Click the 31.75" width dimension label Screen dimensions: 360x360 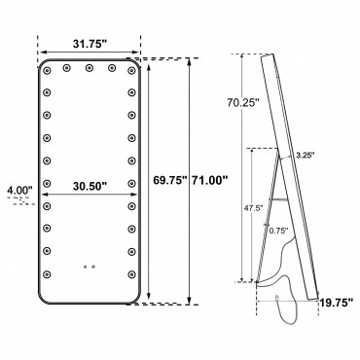pyautogui.click(x=90, y=45)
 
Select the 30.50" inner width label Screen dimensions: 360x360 pyautogui.click(x=90, y=187)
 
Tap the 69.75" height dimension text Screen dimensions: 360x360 pyautogui.click(x=170, y=180)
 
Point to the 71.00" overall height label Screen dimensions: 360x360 pyautogui.click(x=209, y=180)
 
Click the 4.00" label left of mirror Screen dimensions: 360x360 pyautogui.click(x=19, y=190)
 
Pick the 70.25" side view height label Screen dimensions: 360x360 pyautogui.click(x=243, y=102)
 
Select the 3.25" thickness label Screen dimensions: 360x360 pyautogui.click(x=306, y=155)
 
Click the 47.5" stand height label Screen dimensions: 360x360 pyautogui.click(x=254, y=208)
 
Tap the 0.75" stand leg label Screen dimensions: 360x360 pyautogui.click(x=278, y=231)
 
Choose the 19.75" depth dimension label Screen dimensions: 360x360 pyautogui.click(x=337, y=303)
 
